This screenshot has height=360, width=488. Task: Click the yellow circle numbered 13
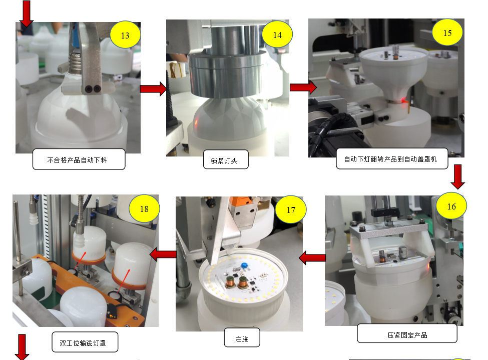125,35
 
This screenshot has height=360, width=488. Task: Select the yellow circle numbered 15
447,32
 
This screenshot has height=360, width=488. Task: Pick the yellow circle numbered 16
451,206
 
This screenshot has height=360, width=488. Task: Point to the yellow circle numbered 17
291,209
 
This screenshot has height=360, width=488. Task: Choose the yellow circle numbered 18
144,208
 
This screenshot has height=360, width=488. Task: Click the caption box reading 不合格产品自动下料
79,159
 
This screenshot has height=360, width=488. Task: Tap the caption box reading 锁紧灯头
226,159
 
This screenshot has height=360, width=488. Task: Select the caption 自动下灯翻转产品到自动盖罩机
392,158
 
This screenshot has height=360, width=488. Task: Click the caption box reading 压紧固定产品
407,333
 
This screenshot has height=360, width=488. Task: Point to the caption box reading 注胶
242,337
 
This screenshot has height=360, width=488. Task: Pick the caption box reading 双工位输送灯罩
85,342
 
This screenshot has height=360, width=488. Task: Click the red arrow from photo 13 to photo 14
154,89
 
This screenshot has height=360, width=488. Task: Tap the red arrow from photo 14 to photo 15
303,87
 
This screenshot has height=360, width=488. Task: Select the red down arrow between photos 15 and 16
458,176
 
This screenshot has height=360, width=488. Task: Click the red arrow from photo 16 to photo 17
312,257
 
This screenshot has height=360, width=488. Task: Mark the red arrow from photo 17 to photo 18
163,254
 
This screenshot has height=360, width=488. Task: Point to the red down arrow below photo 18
22,347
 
